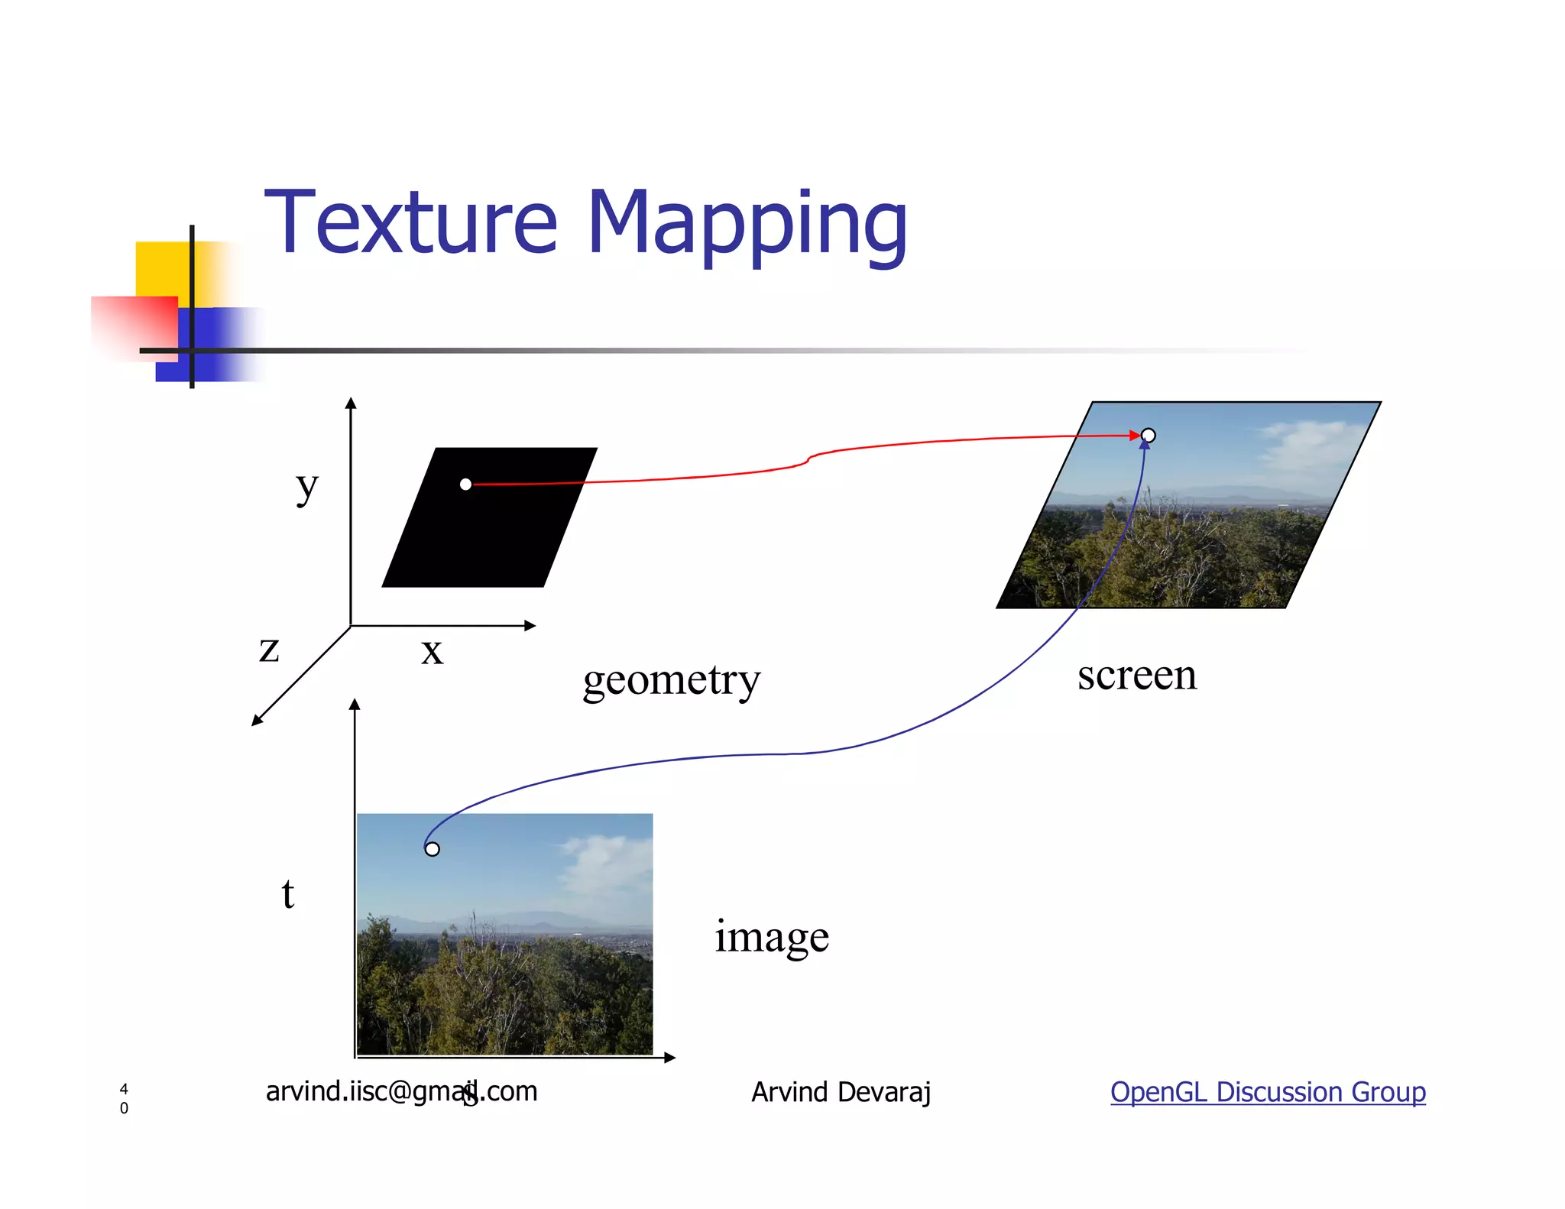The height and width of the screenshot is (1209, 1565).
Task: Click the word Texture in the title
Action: [411, 223]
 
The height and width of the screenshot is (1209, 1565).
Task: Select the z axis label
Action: [269, 650]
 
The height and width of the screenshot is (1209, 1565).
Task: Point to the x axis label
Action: [432, 652]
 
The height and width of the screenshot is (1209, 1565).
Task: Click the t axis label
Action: [288, 893]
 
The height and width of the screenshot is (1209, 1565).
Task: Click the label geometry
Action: [672, 680]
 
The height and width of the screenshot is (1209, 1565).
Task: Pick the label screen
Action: [1136, 675]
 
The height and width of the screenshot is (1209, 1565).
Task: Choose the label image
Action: [772, 937]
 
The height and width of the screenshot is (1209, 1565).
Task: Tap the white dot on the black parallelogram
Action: [465, 484]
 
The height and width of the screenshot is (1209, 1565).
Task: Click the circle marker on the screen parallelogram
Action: [1148, 436]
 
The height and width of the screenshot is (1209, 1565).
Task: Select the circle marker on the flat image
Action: [433, 849]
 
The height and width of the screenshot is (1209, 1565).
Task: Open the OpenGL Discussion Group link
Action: [1268, 1091]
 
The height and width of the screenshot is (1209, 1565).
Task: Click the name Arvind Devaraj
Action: [841, 1092]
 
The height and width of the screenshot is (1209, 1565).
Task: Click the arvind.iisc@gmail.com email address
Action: [401, 1091]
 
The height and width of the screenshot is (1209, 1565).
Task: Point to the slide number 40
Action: [124, 1098]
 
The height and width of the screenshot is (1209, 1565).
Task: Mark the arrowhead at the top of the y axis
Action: [351, 404]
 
